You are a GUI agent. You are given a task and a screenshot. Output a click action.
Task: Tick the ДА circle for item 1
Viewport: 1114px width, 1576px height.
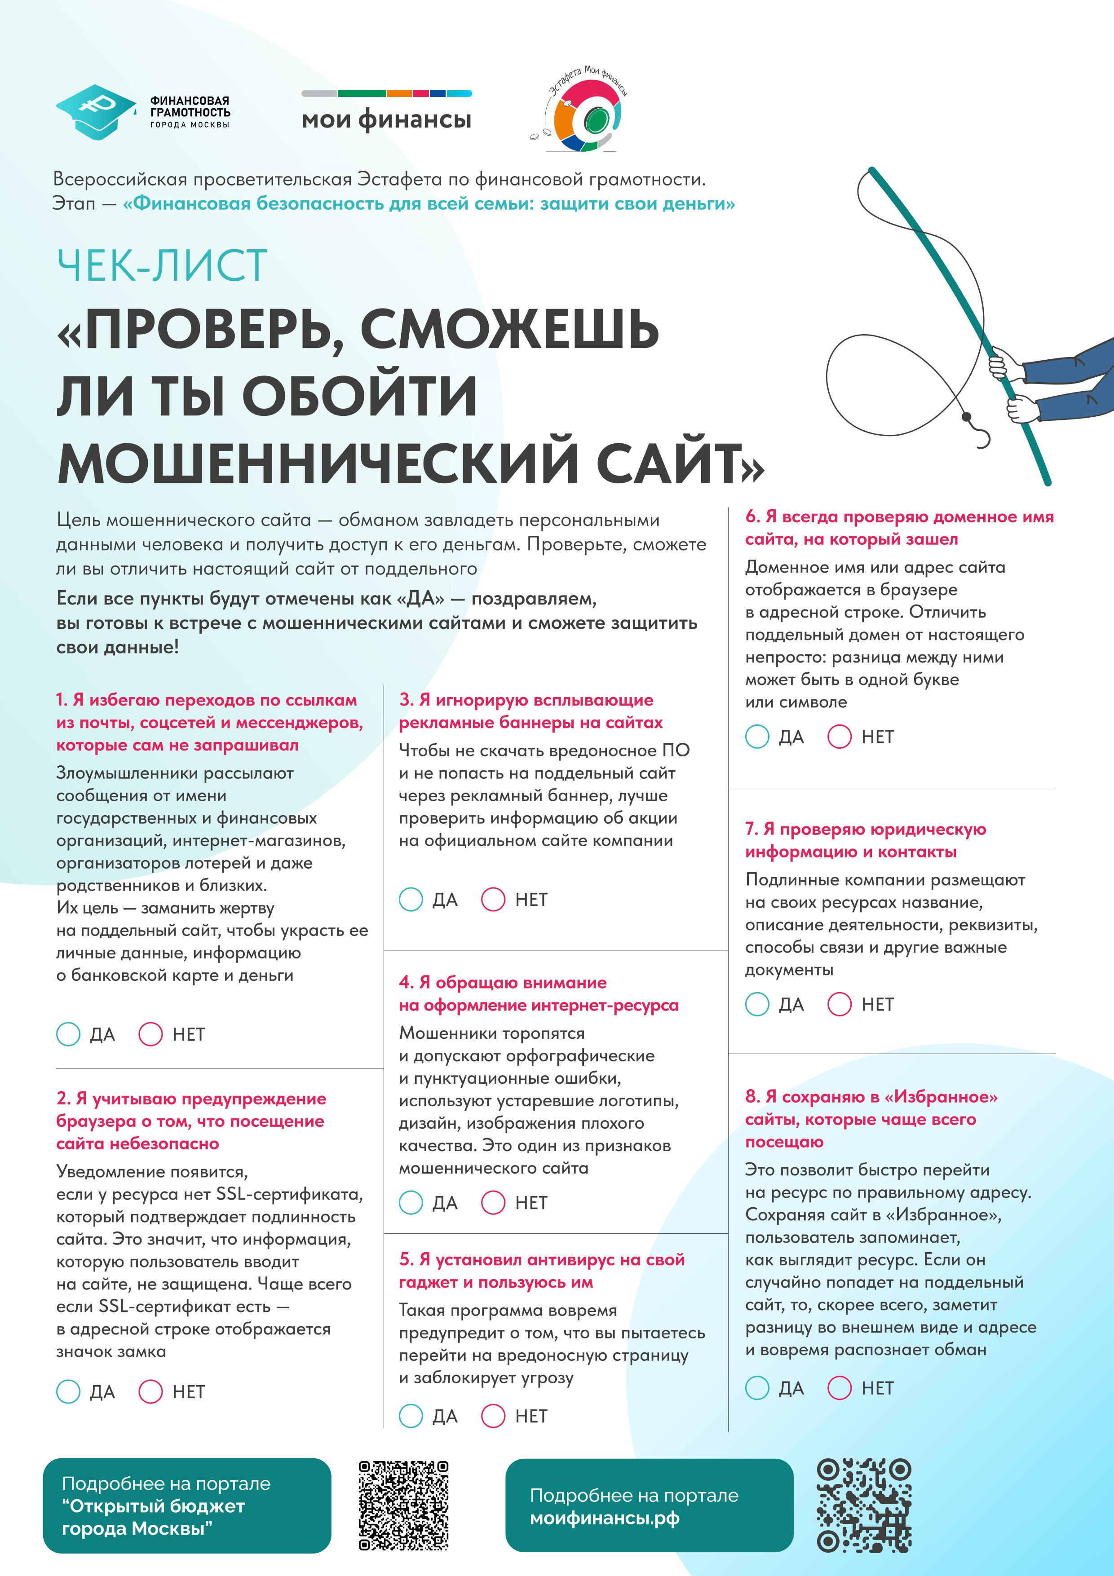(68, 1034)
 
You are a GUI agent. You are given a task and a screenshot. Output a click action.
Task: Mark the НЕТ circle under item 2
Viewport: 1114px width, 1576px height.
(150, 1391)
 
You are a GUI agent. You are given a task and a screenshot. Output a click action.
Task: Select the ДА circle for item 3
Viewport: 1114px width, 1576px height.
(411, 899)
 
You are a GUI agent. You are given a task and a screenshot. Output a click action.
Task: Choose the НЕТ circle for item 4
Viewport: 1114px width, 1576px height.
(493, 1203)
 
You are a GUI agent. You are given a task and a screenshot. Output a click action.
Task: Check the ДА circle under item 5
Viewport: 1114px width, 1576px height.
(411, 1416)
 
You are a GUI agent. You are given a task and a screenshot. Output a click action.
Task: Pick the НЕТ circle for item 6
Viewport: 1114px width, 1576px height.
(839, 737)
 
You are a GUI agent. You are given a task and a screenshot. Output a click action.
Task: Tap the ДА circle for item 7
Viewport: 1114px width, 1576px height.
(757, 1004)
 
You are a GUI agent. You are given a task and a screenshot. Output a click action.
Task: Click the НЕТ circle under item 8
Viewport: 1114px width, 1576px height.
(839, 1388)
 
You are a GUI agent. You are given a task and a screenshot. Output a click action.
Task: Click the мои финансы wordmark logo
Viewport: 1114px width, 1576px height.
(386, 119)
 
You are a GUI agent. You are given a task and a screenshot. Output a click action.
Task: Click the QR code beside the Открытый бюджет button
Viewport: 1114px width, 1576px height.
(403, 1505)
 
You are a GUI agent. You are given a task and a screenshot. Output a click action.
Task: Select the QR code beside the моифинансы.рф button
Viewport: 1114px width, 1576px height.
(863, 1505)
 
